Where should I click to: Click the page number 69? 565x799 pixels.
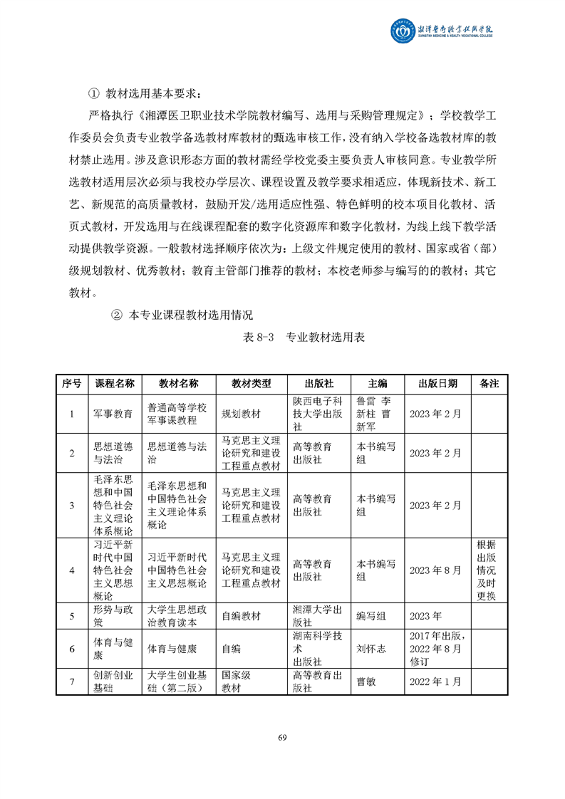[282, 736]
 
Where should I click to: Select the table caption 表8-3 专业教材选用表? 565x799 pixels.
[304, 338]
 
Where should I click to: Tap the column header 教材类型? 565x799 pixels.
[251, 383]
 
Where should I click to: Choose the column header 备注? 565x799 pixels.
[489, 383]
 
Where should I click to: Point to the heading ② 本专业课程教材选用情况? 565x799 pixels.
[182, 314]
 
